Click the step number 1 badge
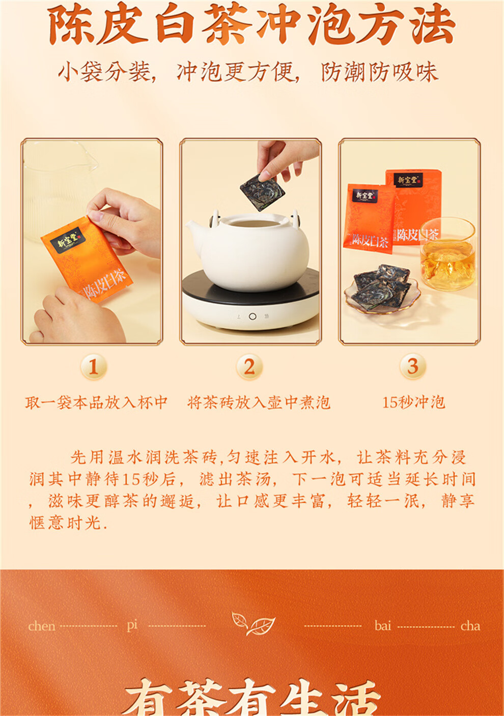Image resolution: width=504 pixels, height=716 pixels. click(93, 366)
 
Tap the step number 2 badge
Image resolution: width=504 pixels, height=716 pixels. click(249, 366)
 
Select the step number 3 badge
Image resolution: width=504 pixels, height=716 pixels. click(412, 366)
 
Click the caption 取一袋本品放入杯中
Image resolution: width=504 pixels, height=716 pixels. click(97, 403)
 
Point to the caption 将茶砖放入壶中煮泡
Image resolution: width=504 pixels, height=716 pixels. click(259, 403)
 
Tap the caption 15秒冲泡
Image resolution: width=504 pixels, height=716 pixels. click(413, 403)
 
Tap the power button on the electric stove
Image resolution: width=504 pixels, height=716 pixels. click(252, 317)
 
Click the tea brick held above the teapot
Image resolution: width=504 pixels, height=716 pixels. click(262, 191)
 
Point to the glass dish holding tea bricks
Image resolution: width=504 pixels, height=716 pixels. click(382, 295)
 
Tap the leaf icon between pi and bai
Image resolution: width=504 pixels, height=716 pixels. click(253, 623)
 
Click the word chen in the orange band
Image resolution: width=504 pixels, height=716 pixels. click(42, 626)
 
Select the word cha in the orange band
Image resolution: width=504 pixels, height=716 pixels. click(470, 626)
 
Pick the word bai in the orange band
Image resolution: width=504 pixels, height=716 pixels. click(383, 626)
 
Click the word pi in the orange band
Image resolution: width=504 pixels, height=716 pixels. click(132, 625)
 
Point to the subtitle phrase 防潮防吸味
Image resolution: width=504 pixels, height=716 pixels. click(379, 72)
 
